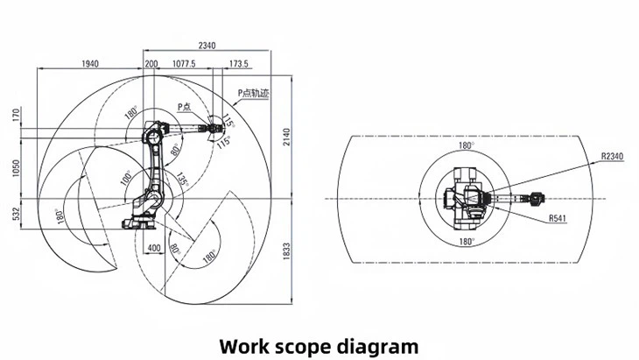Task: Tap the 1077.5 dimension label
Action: [x=184, y=65]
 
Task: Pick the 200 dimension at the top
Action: [x=151, y=65]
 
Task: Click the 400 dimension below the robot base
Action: [x=154, y=249]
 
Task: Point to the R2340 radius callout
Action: [x=612, y=155]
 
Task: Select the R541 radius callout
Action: [x=559, y=216]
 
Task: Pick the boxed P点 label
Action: [x=185, y=106]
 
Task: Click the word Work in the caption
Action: [x=246, y=345]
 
